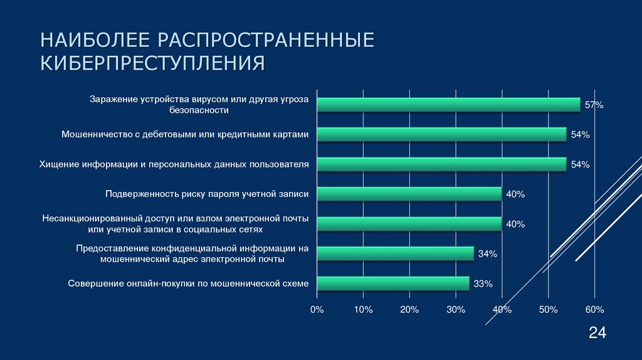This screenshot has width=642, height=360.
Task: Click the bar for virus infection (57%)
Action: [x=448, y=105]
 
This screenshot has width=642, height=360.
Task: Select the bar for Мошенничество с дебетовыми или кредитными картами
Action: [x=441, y=134]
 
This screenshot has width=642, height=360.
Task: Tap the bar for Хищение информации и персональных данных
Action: [x=441, y=164]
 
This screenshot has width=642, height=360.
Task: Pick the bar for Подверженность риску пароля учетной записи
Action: [x=409, y=194]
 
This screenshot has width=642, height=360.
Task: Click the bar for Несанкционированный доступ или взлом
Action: [x=409, y=224]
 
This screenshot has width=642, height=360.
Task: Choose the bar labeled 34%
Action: [x=395, y=253]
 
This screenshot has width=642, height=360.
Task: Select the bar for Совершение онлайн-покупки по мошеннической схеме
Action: [x=392, y=283]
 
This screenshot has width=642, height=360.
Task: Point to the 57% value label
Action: [x=594, y=105]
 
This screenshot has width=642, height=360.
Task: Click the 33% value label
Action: [x=483, y=284]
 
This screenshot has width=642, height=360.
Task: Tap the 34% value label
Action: [x=487, y=254]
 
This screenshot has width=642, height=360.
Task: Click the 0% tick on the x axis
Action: [x=317, y=310]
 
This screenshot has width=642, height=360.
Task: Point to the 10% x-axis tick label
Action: [x=363, y=310]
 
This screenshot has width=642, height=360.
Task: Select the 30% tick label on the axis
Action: [x=456, y=310]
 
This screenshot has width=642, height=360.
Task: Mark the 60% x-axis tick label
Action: [x=594, y=310]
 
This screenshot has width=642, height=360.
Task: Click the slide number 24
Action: [x=597, y=334]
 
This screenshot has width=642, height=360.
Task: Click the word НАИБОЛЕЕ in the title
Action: [x=95, y=41]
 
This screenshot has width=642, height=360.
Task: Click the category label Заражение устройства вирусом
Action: [x=199, y=100]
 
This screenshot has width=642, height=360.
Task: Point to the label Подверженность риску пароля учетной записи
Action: [x=207, y=194]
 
